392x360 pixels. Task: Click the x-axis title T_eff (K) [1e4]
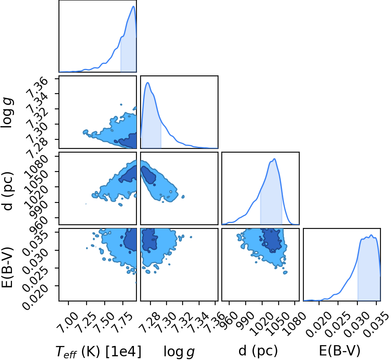[x=98, y=352]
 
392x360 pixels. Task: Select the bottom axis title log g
[x=179, y=352]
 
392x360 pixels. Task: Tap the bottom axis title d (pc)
[x=258, y=351]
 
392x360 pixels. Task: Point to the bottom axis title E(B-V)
[x=340, y=351]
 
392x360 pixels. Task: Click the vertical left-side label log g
[x=7, y=113]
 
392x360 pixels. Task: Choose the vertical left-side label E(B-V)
[x=7, y=267]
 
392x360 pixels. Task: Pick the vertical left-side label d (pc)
[x=7, y=191]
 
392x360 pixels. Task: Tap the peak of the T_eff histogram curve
[x=134, y=6]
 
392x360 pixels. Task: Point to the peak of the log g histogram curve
[x=148, y=82]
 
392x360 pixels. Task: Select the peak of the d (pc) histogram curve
[x=275, y=159]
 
